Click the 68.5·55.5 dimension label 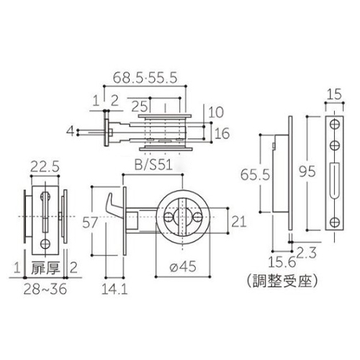pos(145,78)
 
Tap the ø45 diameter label pos(183,266)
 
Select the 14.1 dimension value pos(114,289)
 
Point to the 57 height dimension pos(90,222)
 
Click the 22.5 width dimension pos(45,166)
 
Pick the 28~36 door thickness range pos(45,289)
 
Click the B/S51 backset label pos(153,165)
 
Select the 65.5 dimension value pos(255,174)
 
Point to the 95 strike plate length pos(307,171)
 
